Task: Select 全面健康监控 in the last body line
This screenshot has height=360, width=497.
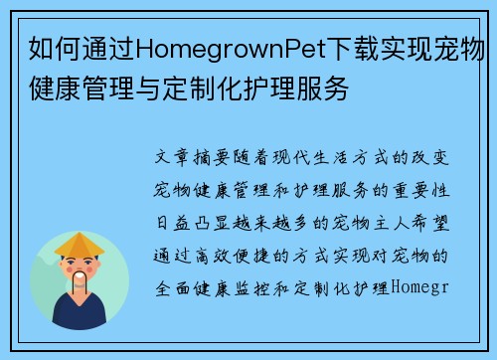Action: pos(218,288)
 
